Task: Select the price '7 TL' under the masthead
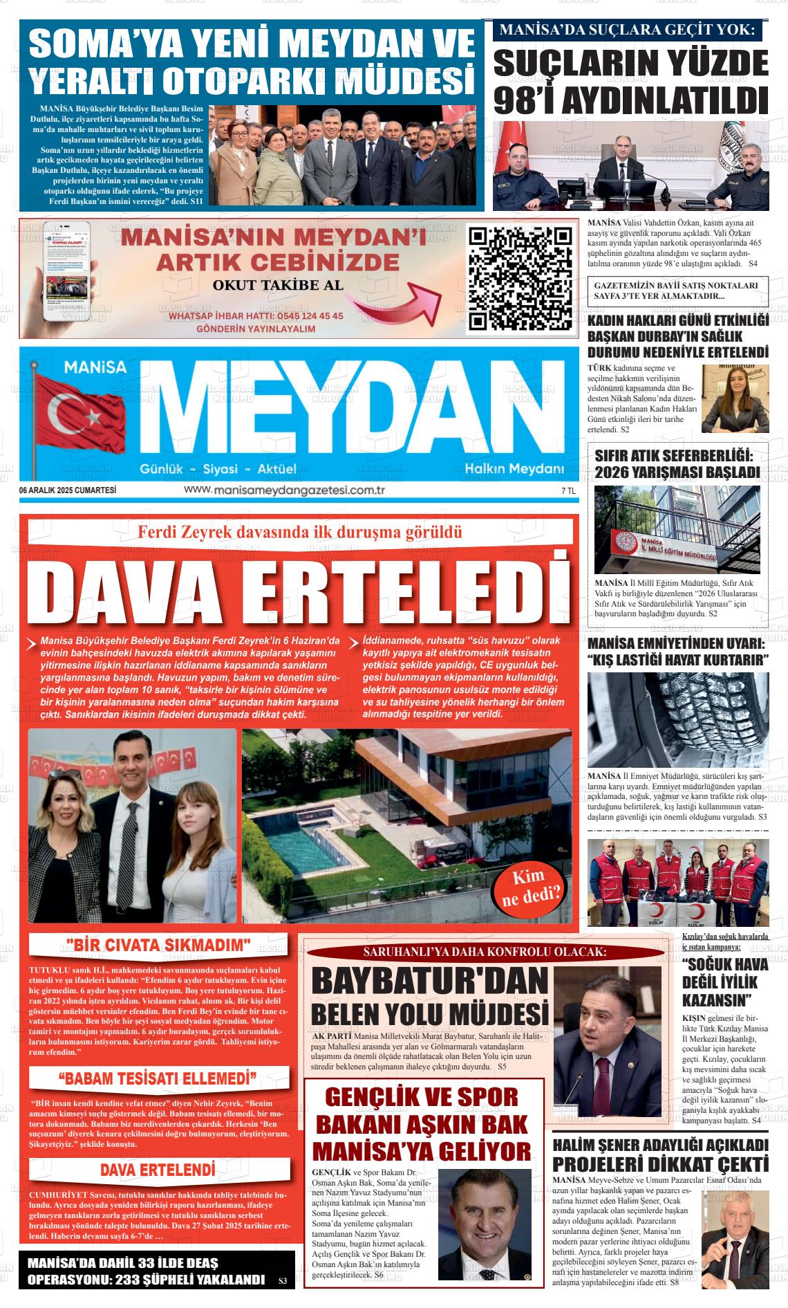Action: point(568,490)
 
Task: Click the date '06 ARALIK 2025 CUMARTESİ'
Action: point(68,490)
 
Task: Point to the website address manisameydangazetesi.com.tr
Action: point(284,490)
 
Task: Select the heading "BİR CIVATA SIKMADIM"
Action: point(158,945)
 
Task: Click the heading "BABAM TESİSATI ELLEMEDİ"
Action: point(158,1078)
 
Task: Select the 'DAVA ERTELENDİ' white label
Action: point(158,1170)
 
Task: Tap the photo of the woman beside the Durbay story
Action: point(735,398)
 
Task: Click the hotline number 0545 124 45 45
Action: point(300,315)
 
